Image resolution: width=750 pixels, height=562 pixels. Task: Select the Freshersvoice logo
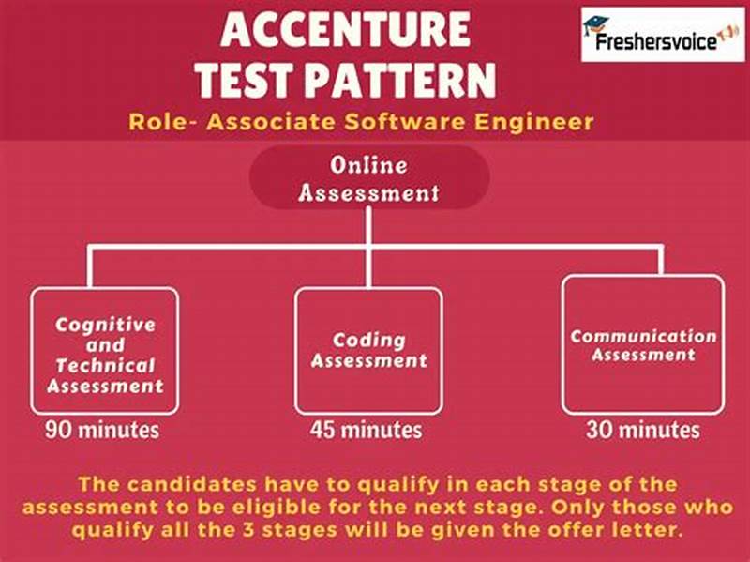pos(662,34)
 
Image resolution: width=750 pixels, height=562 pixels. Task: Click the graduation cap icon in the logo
pos(594,24)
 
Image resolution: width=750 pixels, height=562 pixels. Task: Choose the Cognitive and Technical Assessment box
pos(104,352)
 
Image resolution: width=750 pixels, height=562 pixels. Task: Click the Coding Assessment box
pos(368,352)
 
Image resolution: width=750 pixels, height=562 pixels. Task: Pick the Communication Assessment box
pos(643,344)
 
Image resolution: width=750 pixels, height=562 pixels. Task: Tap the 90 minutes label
pos(103,431)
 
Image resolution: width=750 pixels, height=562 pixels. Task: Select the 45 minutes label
pos(367,431)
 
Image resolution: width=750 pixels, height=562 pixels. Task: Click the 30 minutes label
pos(643,431)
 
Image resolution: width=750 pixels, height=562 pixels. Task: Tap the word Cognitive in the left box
pos(105,325)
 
